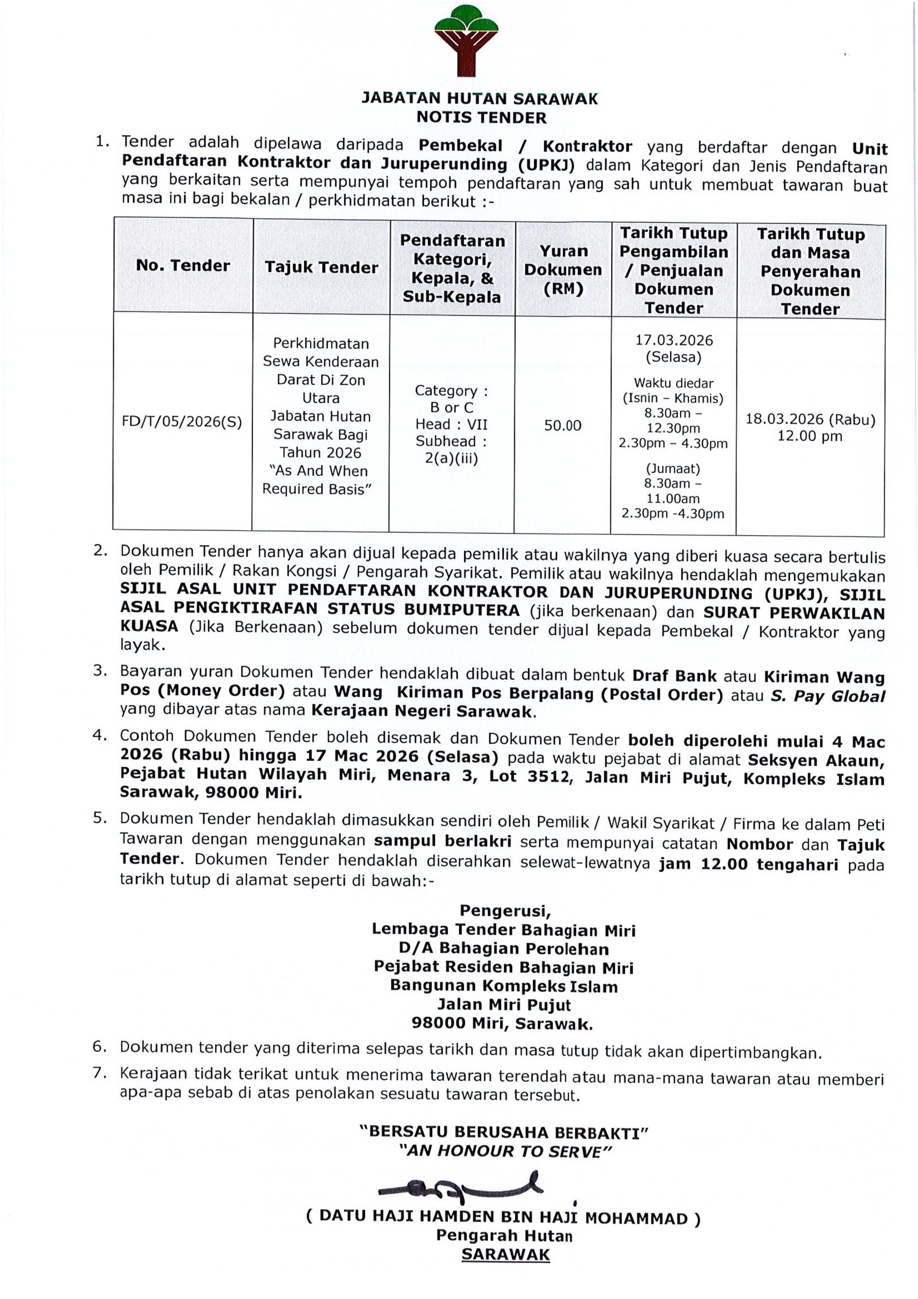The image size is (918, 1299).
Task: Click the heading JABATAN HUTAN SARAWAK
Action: point(480,98)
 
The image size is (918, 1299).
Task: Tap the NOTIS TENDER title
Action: point(481,118)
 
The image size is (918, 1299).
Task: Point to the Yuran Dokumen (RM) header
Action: point(563,270)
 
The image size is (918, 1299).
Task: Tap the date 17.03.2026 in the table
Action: point(674,340)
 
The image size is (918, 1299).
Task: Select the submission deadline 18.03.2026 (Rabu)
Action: point(810,419)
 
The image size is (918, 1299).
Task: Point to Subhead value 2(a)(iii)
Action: point(451,458)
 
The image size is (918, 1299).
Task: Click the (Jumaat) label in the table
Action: point(672,468)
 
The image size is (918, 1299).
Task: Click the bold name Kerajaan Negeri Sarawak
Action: point(422,711)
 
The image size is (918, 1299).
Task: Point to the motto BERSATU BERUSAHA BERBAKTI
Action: point(503,1133)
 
